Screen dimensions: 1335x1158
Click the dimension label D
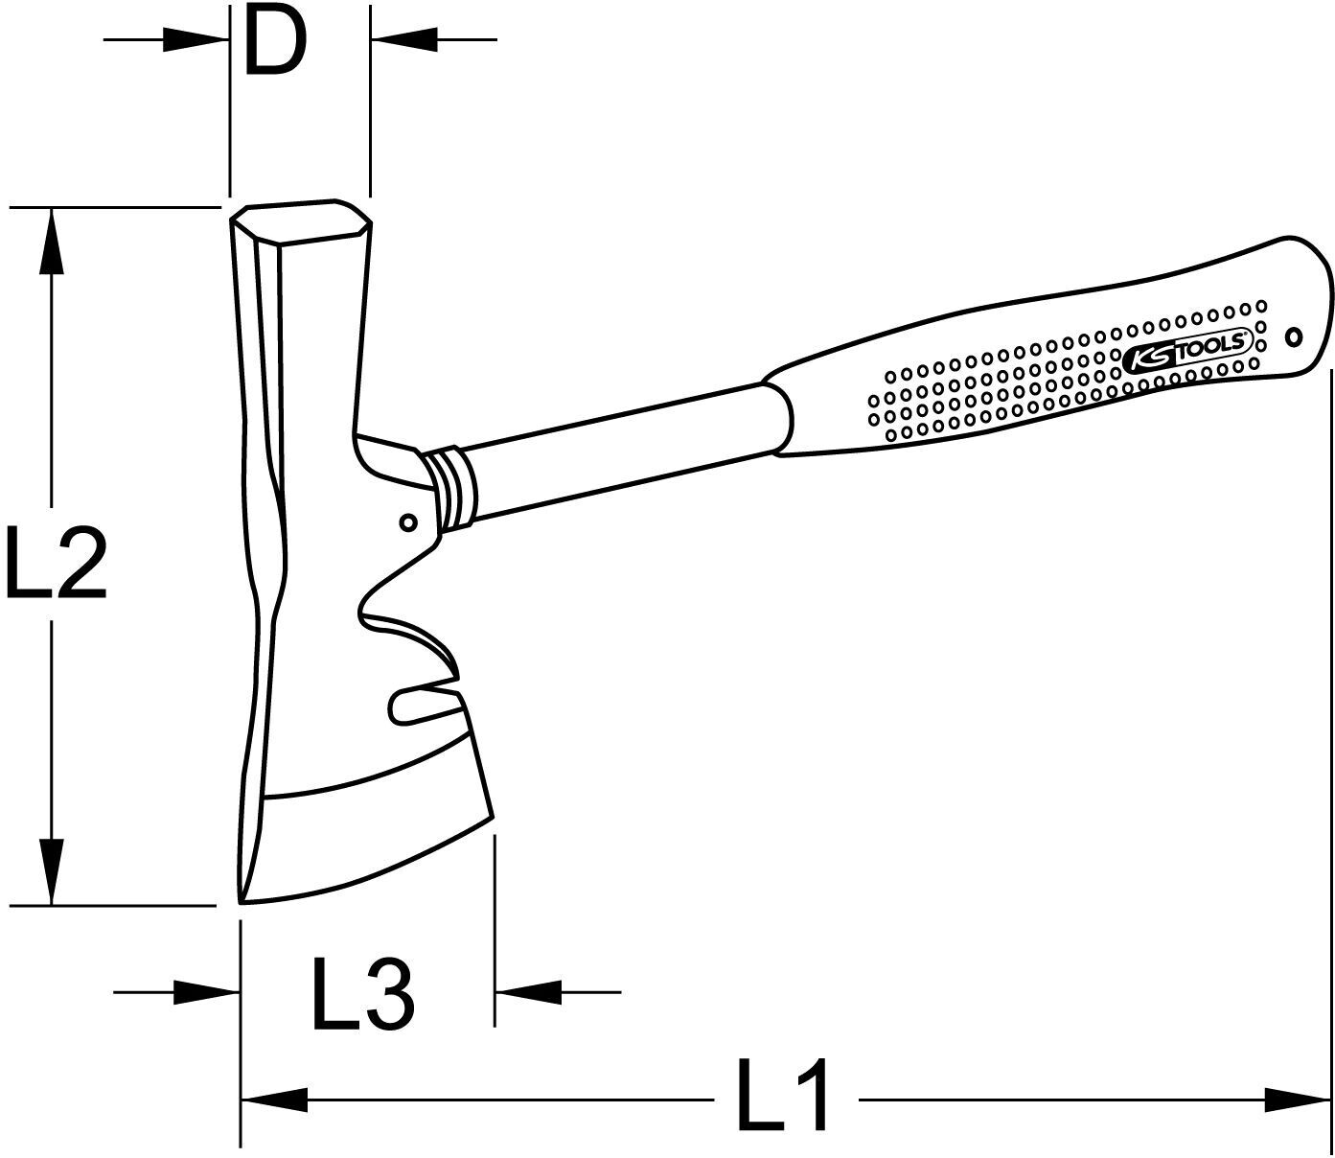[275, 44]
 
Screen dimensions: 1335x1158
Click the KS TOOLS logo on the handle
[1186, 350]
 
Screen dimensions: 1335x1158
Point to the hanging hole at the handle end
[1293, 336]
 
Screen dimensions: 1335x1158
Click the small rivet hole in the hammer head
[408, 522]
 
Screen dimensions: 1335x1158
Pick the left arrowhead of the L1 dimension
[273, 1100]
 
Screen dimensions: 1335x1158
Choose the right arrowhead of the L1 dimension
[1299, 1100]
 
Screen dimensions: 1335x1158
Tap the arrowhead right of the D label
[403, 40]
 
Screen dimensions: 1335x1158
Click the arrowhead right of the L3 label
[526, 992]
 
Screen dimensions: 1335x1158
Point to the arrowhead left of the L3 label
[207, 992]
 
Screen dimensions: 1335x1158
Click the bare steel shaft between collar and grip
[623, 451]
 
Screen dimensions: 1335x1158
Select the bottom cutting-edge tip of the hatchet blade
[243, 899]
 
